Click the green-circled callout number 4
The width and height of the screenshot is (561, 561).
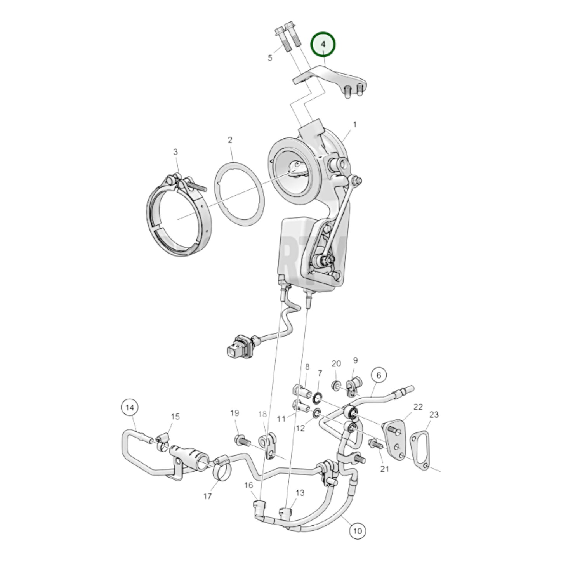[x=323, y=44]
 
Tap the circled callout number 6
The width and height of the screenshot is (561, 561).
[x=379, y=375]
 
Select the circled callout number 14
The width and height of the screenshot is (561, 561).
[x=130, y=408]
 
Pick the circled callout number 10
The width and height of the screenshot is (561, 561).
[x=358, y=530]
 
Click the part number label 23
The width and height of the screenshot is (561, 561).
[x=434, y=415]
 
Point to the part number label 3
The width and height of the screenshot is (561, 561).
[x=175, y=152]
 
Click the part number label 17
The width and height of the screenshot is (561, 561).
[x=207, y=496]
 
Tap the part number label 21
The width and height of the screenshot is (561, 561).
[x=384, y=469]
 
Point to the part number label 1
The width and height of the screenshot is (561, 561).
[x=354, y=125]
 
